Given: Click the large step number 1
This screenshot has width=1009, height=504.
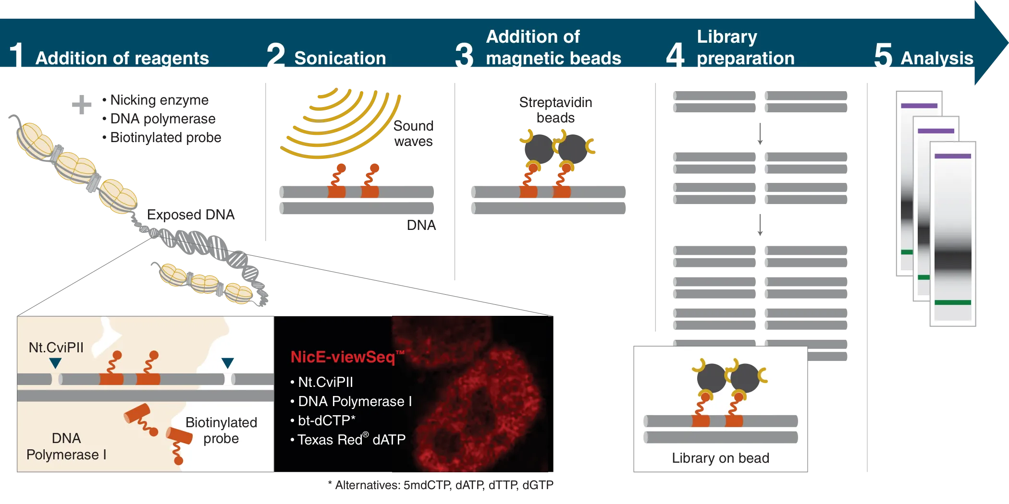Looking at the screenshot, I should [x=17, y=56].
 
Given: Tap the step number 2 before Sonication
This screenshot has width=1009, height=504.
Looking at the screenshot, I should [x=276, y=56].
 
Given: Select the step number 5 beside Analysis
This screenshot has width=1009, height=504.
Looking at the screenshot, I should [x=883, y=56].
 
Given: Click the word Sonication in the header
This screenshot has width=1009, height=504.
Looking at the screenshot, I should [x=340, y=58].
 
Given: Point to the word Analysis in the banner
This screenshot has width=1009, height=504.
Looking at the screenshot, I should [x=936, y=58].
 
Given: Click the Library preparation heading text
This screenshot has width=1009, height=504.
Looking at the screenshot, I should [x=745, y=47].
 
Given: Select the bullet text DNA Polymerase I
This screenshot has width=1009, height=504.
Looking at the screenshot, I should [x=355, y=401].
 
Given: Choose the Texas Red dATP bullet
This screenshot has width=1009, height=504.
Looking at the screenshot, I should [x=351, y=440].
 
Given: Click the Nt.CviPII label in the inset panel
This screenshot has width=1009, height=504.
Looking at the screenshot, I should [x=56, y=347].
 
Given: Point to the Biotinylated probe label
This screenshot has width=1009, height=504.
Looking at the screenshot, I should [x=221, y=430].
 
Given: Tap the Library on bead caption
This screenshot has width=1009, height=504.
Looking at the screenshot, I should [x=720, y=458].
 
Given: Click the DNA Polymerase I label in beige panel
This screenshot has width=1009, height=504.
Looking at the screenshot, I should [x=66, y=446].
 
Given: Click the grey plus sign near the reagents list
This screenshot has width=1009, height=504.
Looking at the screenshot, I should [x=80, y=103].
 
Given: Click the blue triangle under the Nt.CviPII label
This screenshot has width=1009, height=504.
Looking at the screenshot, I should [x=55, y=363].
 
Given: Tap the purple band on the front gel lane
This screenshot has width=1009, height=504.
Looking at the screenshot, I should [x=952, y=156].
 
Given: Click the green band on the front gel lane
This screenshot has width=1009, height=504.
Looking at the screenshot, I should [x=952, y=302].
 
